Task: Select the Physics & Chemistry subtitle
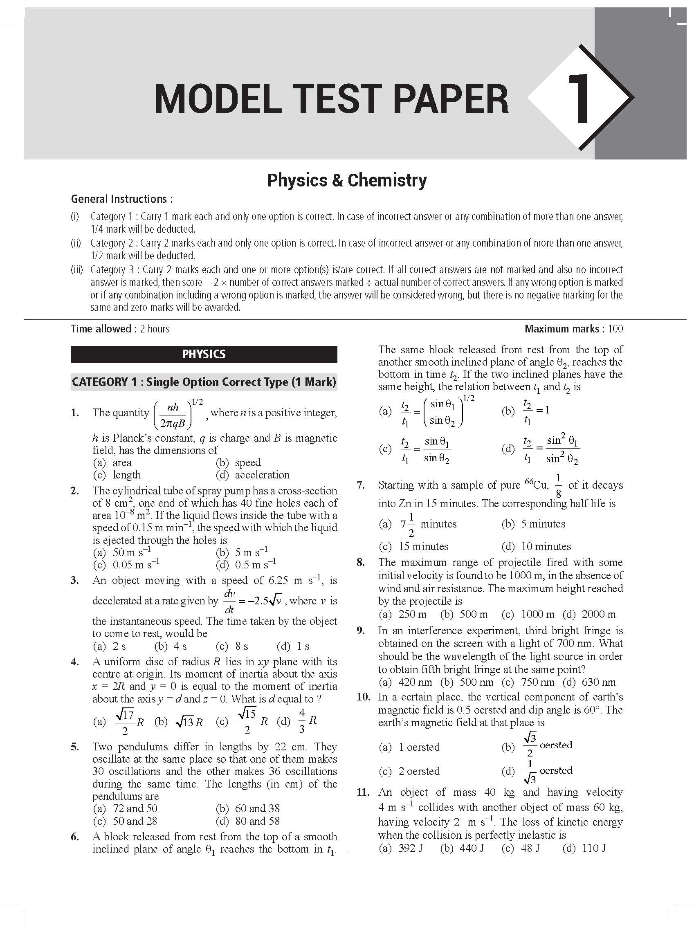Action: pyautogui.click(x=347, y=180)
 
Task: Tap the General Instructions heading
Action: pyautogui.click(x=121, y=199)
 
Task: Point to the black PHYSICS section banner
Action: pyautogui.click(x=204, y=354)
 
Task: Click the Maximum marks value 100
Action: pyautogui.click(x=615, y=329)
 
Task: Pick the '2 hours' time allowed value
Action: pyautogui.click(x=155, y=329)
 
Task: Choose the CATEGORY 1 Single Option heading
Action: pyautogui.click(x=204, y=382)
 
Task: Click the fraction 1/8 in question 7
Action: pyautogui.click(x=558, y=486)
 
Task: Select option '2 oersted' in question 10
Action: pyautogui.click(x=419, y=771)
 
